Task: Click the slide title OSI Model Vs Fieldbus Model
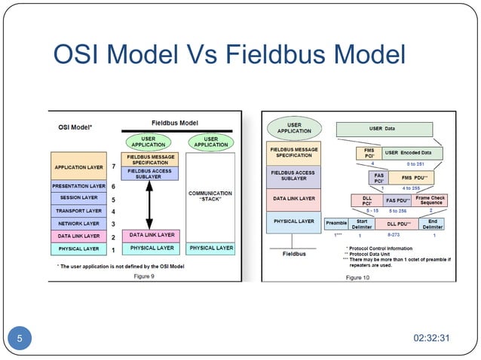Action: click(x=229, y=55)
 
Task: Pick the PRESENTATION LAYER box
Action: click(x=78, y=185)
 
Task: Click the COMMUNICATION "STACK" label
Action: click(x=210, y=197)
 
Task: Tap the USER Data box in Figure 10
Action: click(x=381, y=129)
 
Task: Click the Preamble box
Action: click(x=335, y=224)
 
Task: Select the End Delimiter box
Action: click(x=432, y=224)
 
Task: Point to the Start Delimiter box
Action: click(x=362, y=224)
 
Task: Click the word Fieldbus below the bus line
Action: click(x=294, y=255)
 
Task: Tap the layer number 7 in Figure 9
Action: click(x=113, y=165)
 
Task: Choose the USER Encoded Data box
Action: click(x=415, y=153)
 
